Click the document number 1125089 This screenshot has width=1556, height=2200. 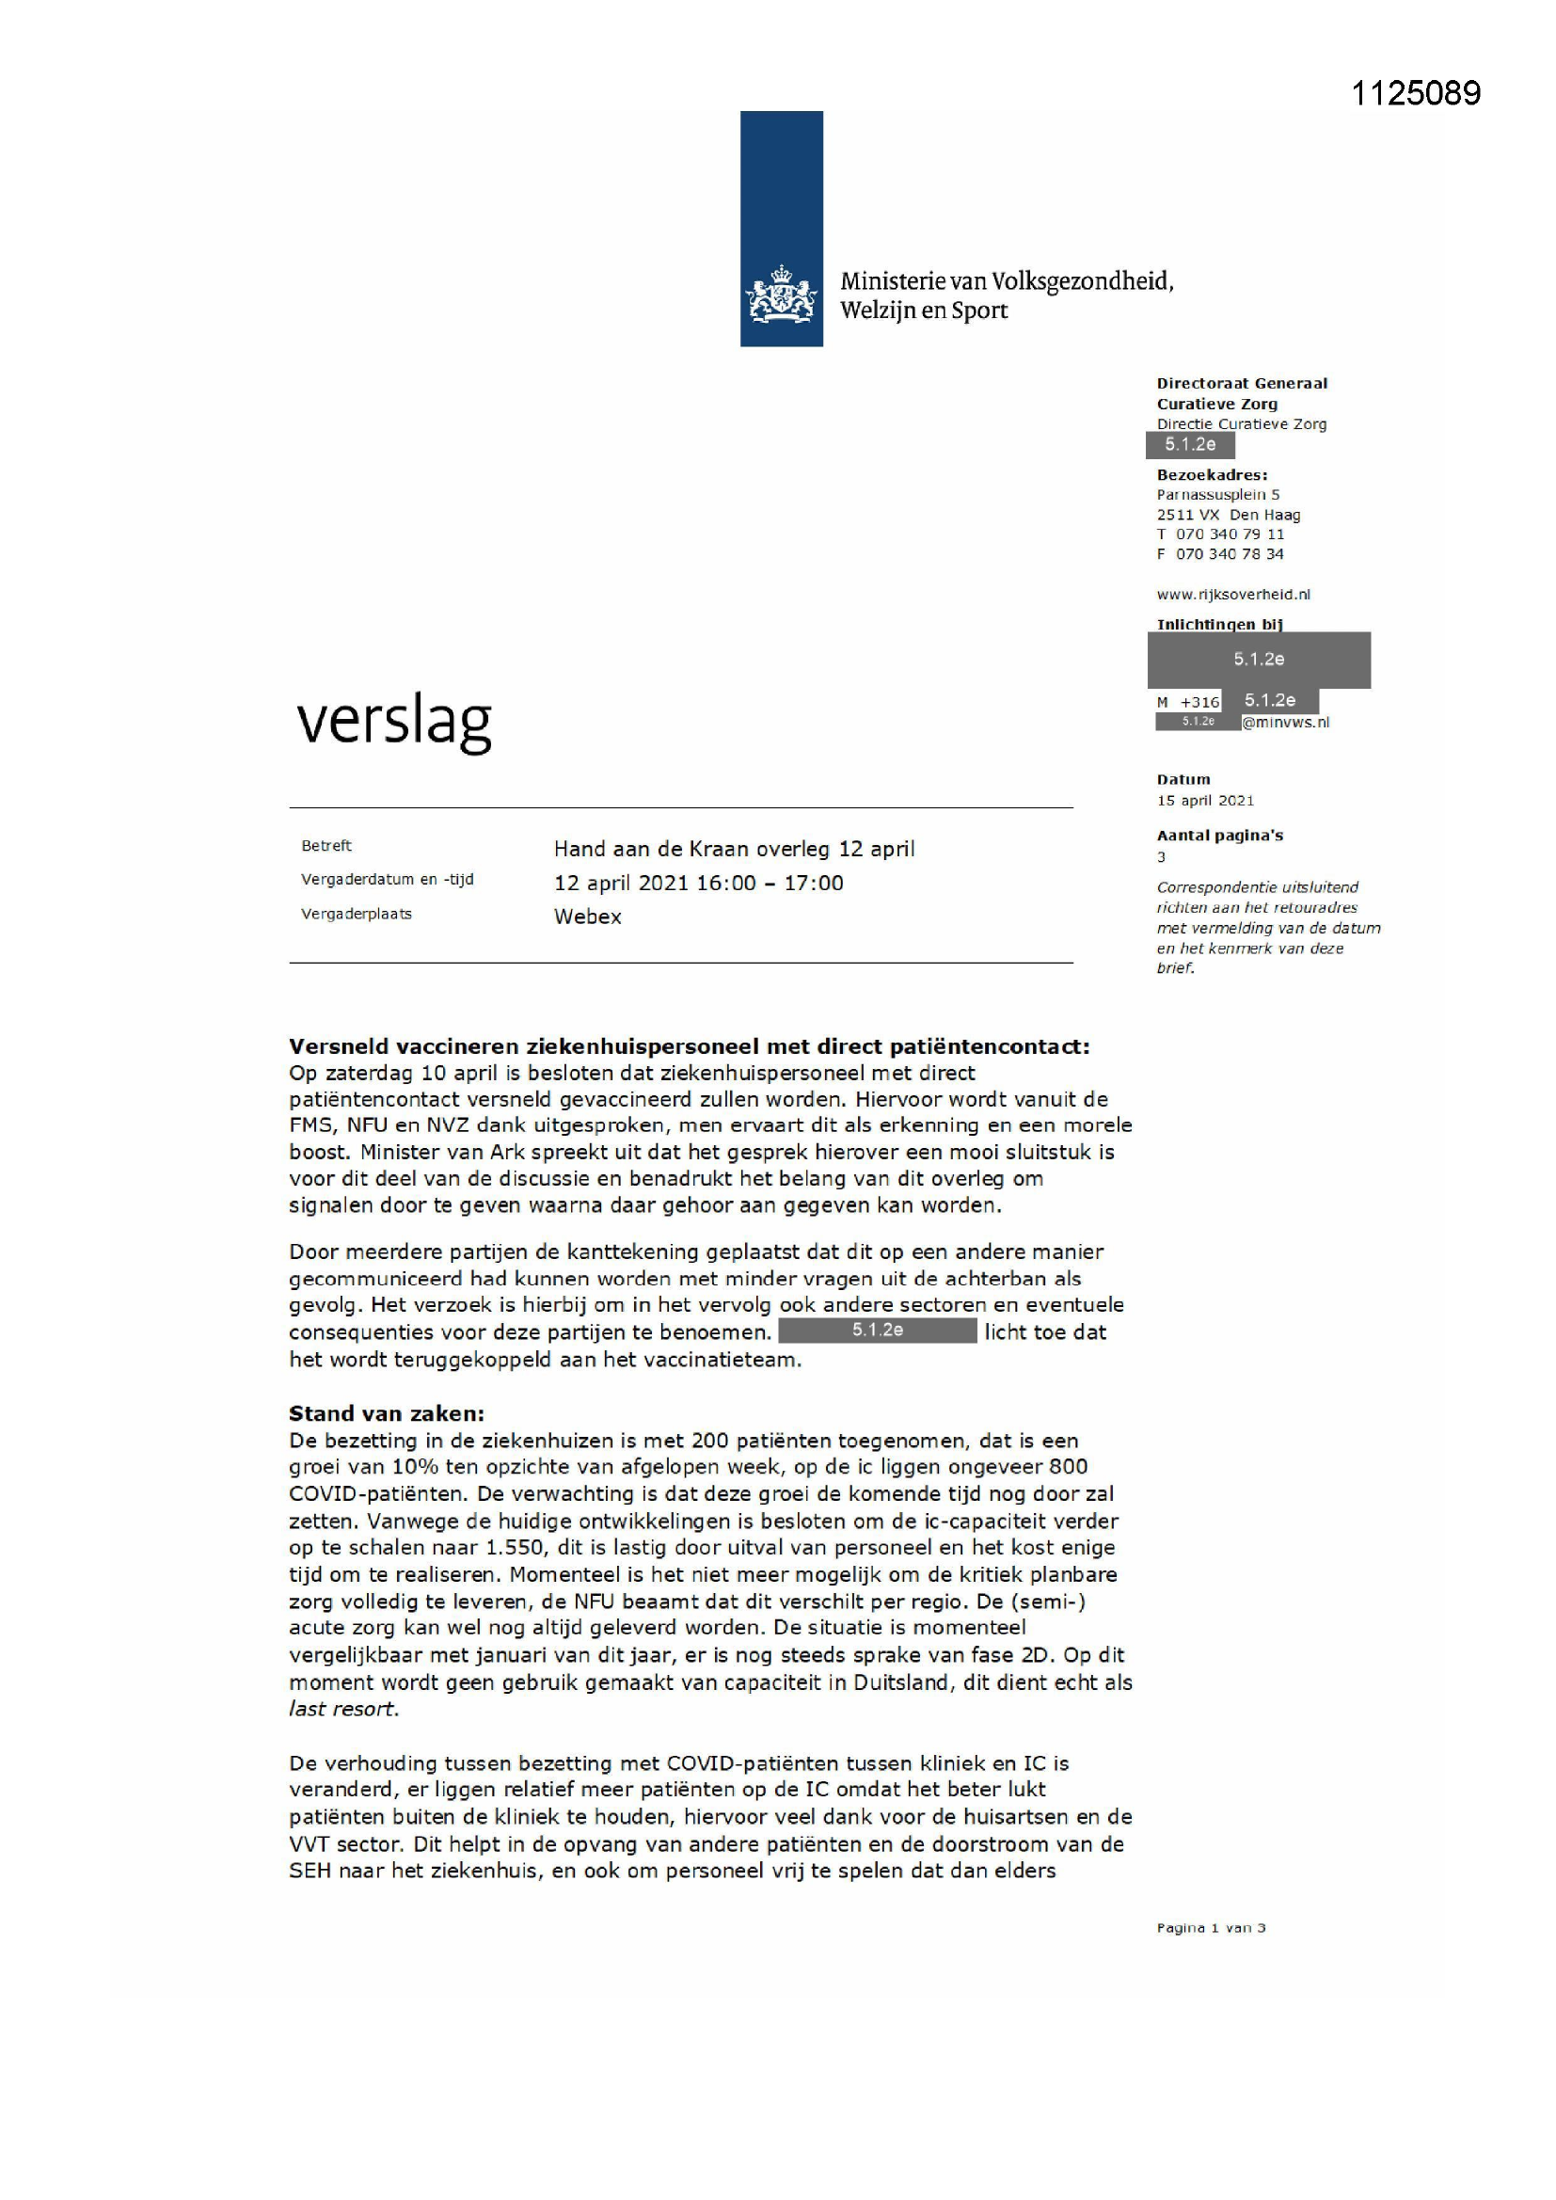[1415, 93]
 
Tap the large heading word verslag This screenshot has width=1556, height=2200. [394, 722]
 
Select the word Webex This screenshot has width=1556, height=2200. [587, 917]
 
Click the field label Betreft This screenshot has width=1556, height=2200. [325, 845]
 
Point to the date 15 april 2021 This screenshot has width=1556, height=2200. [1204, 800]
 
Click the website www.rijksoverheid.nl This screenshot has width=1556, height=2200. [1233, 594]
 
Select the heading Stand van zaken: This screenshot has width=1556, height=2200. [386, 1413]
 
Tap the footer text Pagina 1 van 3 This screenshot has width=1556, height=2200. [1210, 1928]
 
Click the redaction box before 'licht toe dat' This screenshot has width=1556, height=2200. [877, 1331]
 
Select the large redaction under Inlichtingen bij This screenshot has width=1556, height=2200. [1258, 660]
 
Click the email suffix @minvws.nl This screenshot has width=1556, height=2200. [1285, 723]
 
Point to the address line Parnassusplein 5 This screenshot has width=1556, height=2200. [1216, 494]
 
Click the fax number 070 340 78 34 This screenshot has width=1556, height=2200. [1230, 554]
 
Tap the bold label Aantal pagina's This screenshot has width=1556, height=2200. [1218, 836]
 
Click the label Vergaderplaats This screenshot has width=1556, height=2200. [356, 914]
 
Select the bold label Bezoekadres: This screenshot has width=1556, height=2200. [1211, 474]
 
